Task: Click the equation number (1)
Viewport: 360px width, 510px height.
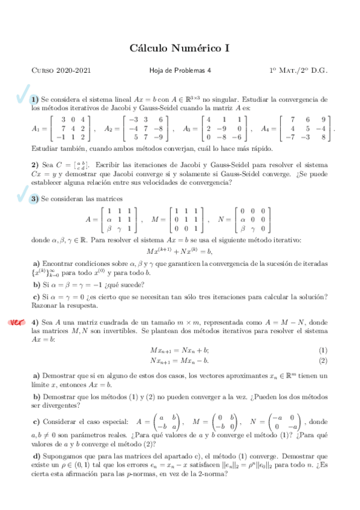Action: (323, 350)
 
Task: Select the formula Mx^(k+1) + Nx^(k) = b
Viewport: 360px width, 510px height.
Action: (180, 251)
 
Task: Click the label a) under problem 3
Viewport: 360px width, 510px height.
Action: (37, 263)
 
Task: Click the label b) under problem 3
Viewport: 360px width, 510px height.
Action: (37, 284)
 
